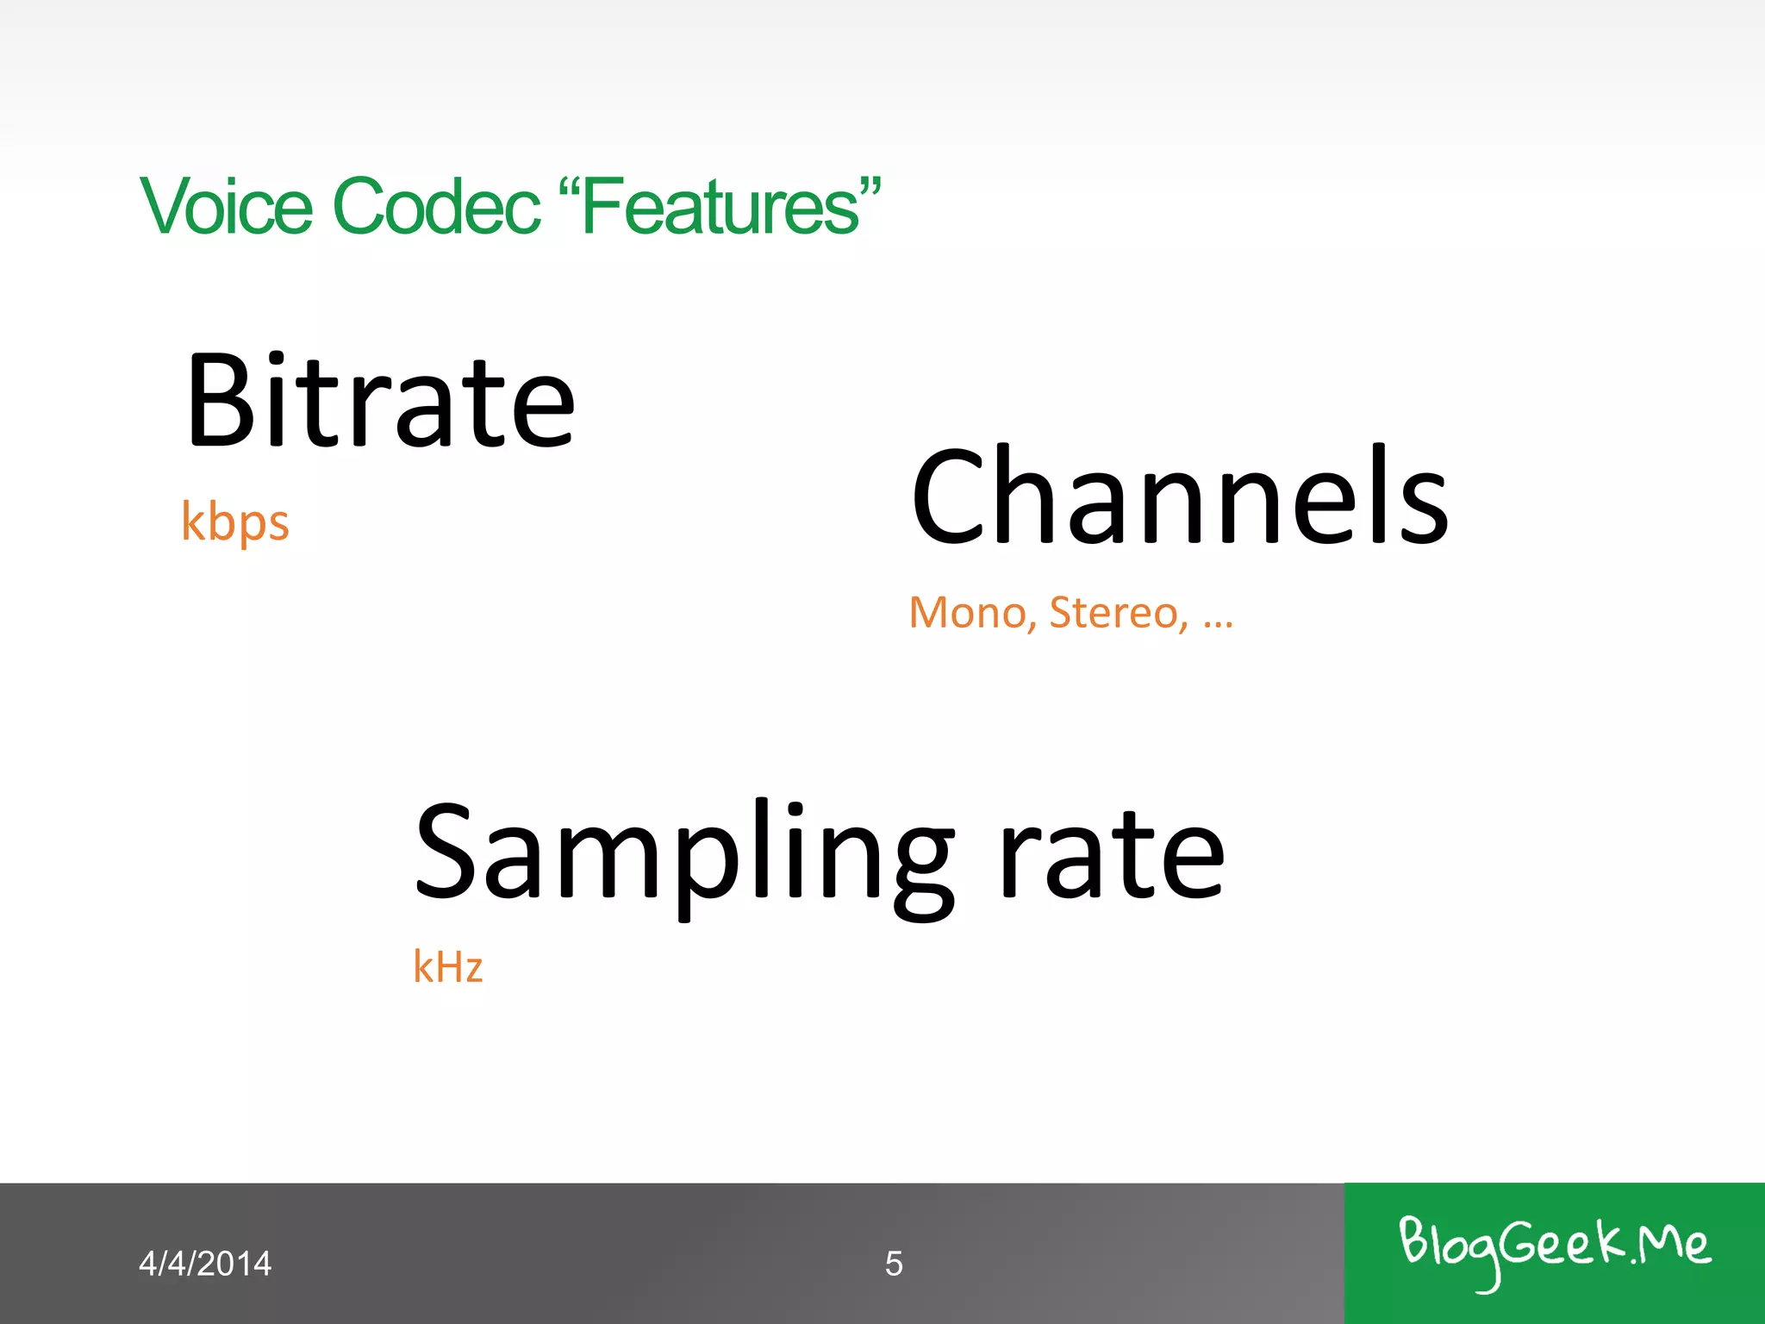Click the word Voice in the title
[226, 206]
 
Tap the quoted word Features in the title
[720, 206]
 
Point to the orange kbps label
[235, 522]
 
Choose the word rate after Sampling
[1112, 853]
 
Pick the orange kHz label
[448, 967]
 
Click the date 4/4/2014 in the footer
[205, 1264]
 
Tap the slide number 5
[894, 1264]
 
